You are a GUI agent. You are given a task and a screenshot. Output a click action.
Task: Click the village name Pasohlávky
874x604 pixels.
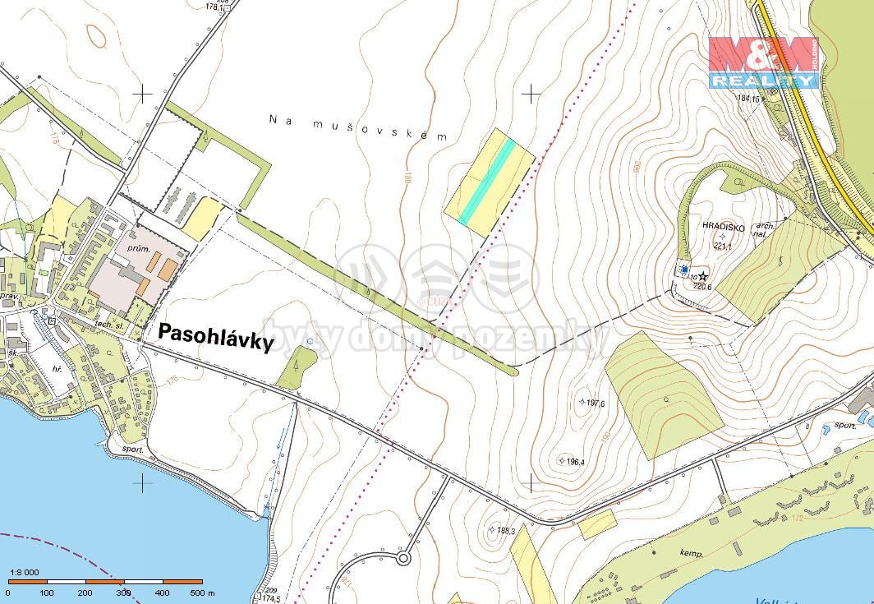click(x=215, y=336)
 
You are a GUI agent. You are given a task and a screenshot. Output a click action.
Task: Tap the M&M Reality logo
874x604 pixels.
click(x=764, y=62)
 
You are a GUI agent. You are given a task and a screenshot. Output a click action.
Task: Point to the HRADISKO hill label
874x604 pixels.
click(x=723, y=224)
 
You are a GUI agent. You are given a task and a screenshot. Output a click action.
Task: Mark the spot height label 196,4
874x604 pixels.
click(x=573, y=461)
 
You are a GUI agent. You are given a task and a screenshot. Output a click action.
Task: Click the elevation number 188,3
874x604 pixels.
click(x=504, y=531)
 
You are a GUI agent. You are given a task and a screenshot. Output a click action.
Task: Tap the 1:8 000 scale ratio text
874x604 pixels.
click(x=24, y=573)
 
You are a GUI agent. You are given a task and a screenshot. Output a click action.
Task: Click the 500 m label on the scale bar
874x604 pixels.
click(x=202, y=592)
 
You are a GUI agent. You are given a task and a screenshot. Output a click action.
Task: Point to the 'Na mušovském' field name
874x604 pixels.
click(x=358, y=128)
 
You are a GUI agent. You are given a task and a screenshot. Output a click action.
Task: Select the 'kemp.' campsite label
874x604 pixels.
click(x=691, y=554)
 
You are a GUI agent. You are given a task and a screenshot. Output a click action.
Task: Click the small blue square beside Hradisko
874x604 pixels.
click(x=684, y=269)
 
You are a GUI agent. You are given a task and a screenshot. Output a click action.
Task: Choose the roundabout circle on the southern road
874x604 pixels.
click(x=403, y=559)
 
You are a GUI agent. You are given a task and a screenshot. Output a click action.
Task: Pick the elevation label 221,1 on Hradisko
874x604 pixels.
click(x=723, y=245)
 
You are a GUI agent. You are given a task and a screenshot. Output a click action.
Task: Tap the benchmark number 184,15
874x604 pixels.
click(x=750, y=99)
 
